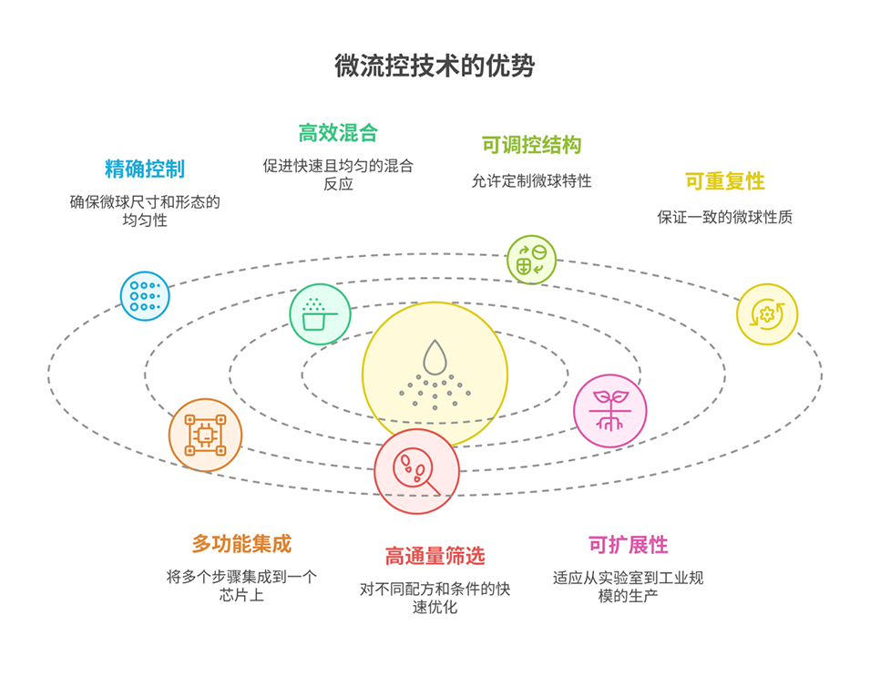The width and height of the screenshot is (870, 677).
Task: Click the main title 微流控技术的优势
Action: (435, 67)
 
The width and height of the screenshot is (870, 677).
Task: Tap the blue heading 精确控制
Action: (145, 169)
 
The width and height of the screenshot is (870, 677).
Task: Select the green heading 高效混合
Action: (338, 133)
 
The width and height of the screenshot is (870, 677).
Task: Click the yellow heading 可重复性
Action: (725, 181)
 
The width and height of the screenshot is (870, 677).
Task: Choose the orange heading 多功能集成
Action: (241, 544)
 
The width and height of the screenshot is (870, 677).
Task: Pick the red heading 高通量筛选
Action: (435, 556)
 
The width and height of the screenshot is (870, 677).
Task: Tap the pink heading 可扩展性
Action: (629, 545)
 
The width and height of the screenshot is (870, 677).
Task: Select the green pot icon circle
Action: (320, 314)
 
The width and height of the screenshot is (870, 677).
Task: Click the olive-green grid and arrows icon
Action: (531, 259)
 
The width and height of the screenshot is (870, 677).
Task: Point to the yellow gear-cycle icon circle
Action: (766, 314)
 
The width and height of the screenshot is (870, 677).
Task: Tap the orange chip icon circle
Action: (205, 435)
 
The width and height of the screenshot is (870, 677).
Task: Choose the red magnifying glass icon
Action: (415, 472)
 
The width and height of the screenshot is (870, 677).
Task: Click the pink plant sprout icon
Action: (609, 410)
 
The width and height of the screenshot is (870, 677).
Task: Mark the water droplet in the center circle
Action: (435, 355)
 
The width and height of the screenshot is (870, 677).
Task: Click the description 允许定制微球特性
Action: (531, 181)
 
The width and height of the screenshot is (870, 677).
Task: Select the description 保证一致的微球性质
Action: (725, 218)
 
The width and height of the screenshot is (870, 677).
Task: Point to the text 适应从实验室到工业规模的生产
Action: (629, 587)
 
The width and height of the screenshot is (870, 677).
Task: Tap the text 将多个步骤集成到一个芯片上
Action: (241, 587)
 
